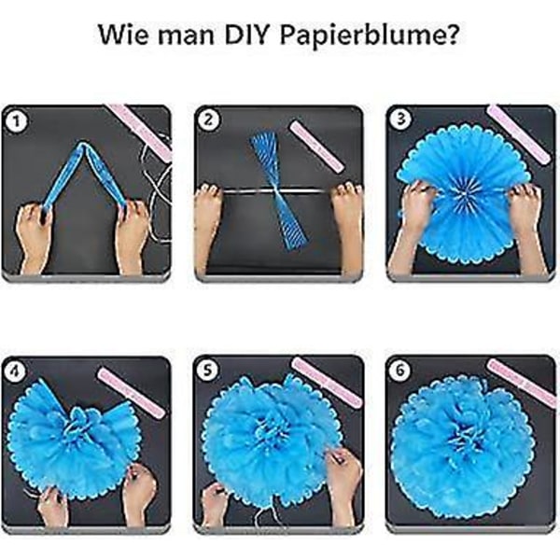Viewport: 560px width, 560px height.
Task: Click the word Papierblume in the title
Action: tap(362, 35)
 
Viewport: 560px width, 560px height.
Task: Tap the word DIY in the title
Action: tap(246, 35)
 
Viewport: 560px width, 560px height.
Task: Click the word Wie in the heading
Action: tap(122, 35)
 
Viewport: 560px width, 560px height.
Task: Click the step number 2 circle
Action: tap(208, 119)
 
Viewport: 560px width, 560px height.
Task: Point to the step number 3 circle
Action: tap(400, 119)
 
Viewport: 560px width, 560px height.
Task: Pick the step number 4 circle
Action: tap(15, 371)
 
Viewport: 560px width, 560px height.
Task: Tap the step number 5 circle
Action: tap(207, 370)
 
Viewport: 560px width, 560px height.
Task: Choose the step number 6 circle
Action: tap(400, 370)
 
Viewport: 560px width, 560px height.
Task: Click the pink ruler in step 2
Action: tap(316, 147)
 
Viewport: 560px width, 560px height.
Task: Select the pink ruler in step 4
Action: tap(132, 393)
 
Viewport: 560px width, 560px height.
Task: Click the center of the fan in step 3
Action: tap(465, 194)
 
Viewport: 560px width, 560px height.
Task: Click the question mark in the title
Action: tap(452, 35)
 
